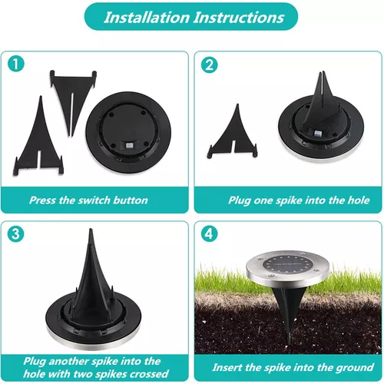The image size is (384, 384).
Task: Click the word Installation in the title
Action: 147,18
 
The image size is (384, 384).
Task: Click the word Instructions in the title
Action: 239,18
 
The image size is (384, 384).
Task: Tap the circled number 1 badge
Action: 16,64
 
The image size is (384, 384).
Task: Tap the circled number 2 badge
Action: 209,65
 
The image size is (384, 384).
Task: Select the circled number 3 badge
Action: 16,234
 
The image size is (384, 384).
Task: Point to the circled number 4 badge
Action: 209,234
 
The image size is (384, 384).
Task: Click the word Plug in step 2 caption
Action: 240,200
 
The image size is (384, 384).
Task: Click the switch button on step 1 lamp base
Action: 128,145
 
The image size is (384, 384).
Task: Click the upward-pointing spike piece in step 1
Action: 38,136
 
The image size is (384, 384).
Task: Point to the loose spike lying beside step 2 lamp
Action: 233,133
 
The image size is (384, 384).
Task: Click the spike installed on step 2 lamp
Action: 322,101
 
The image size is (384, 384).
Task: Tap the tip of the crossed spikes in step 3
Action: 91,229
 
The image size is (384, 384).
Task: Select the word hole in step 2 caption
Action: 359,200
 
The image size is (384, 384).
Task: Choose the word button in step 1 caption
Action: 131,200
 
